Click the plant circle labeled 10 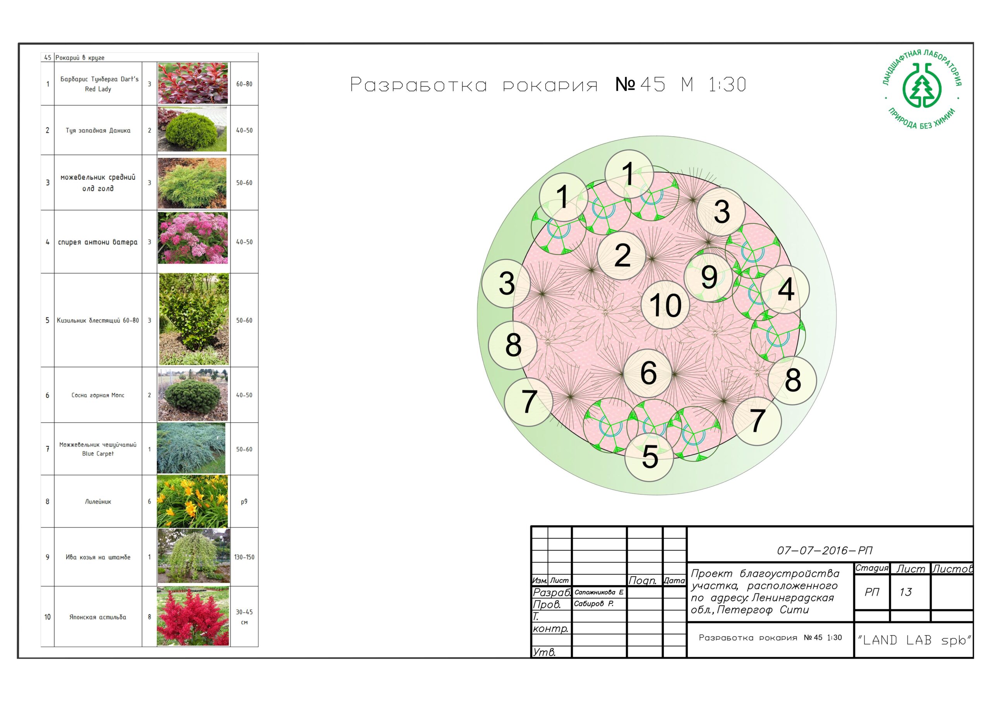[x=665, y=305]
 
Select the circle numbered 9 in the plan [x=709, y=277]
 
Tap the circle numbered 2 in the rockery [x=622, y=255]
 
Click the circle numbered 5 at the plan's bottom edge [x=649, y=457]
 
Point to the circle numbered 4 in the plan [x=785, y=289]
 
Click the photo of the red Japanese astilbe [x=193, y=616]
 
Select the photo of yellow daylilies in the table [x=192, y=501]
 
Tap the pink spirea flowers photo [x=192, y=237]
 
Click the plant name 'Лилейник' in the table [x=98, y=502]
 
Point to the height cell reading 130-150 [x=244, y=557]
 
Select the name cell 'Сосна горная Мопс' [x=98, y=395]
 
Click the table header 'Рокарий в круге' [x=80, y=57]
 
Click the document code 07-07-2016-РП [x=825, y=550]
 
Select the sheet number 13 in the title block [x=905, y=592]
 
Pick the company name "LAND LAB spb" [x=914, y=640]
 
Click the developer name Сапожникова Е [x=598, y=592]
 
